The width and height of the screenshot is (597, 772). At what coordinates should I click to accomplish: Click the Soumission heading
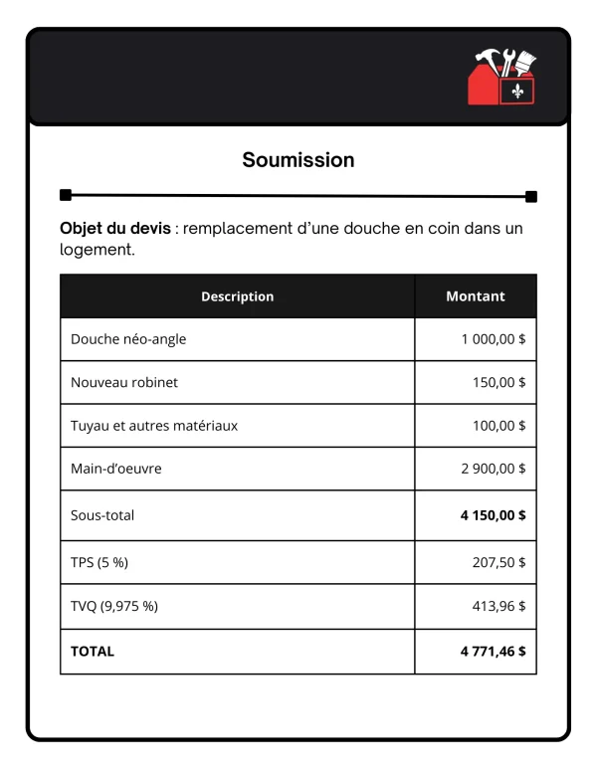coord(298,159)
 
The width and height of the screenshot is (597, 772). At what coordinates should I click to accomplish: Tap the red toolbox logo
coord(501,78)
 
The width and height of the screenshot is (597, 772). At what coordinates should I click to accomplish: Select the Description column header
coord(237,296)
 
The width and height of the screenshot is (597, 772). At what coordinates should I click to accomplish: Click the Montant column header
coord(475,296)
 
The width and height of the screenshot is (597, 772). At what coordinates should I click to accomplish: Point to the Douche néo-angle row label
coord(128,339)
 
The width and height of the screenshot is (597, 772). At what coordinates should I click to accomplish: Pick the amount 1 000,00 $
coord(494,339)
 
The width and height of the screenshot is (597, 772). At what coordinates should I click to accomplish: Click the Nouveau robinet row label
coord(124,382)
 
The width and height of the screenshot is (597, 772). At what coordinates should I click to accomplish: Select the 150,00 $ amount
coord(499,382)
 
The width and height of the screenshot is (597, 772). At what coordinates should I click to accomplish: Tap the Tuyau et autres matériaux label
coord(154,426)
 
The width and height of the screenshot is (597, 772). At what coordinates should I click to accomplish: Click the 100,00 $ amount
coord(499,426)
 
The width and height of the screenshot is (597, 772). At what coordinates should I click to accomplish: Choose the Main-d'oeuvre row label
coord(116,469)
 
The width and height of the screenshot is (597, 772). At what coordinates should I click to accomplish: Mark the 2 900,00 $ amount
coord(494,469)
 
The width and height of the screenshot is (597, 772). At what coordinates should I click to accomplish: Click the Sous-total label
coord(102,515)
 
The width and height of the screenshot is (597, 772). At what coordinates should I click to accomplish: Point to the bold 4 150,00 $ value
coord(494,515)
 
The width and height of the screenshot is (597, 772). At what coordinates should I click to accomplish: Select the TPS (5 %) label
coord(99,562)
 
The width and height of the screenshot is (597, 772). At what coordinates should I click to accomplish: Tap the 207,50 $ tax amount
coord(499,562)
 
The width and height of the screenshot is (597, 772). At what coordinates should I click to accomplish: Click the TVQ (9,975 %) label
coord(114,606)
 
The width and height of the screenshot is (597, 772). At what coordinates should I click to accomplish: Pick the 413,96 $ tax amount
coord(499,606)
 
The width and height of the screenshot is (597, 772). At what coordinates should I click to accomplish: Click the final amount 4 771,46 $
coord(494,652)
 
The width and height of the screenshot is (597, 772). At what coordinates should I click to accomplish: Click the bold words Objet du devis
coord(114,228)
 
